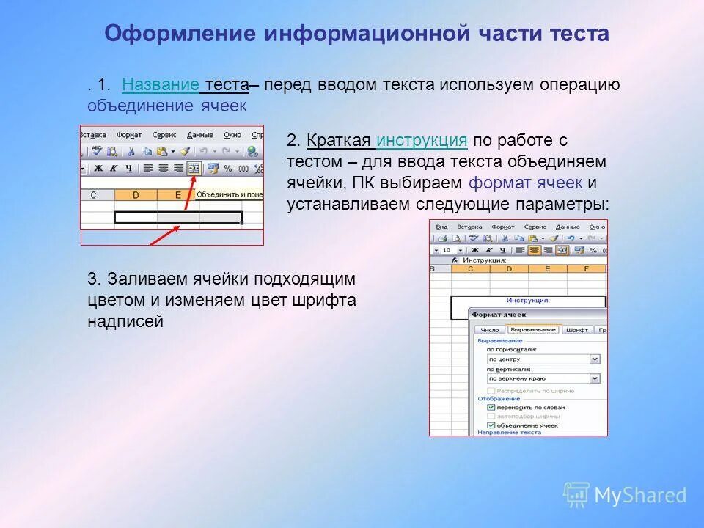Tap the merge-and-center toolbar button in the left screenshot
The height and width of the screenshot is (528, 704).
[x=194, y=168]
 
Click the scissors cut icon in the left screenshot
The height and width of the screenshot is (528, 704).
[x=131, y=151]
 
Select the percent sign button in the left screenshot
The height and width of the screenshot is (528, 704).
[x=227, y=168]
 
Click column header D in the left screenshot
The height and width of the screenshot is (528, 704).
[x=136, y=195]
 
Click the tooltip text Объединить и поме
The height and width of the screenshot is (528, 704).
[x=229, y=195]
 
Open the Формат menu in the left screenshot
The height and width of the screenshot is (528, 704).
[x=129, y=135]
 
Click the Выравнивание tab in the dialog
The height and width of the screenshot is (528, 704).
[x=533, y=330]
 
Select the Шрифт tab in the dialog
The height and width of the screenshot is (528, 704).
[x=577, y=330]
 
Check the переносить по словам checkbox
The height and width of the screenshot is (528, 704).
[x=491, y=407]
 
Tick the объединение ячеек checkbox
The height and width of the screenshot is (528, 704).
[x=491, y=425]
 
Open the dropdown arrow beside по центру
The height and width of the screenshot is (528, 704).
[x=595, y=359]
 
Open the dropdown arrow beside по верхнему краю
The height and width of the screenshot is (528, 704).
[x=595, y=378]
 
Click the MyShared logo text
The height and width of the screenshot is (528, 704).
[x=639, y=496]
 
